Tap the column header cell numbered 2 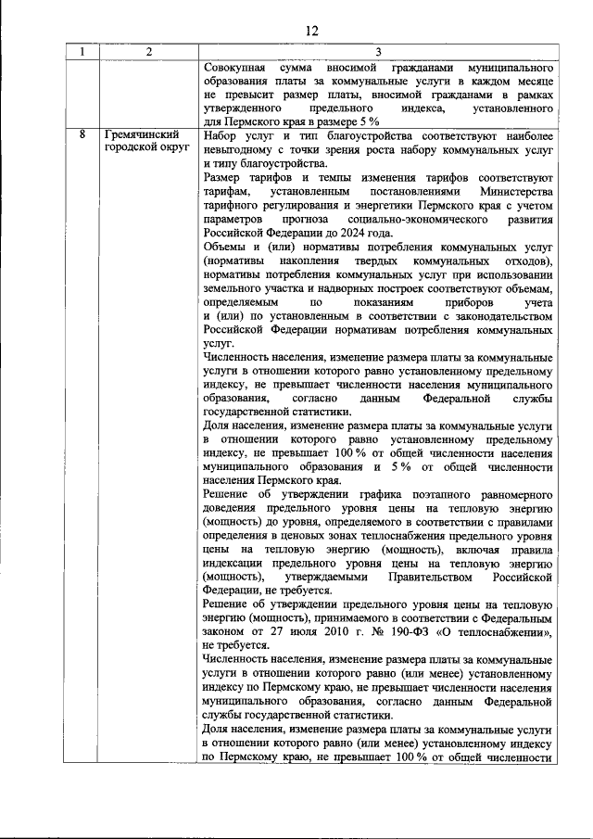tap(148, 52)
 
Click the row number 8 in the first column tap(82, 135)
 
